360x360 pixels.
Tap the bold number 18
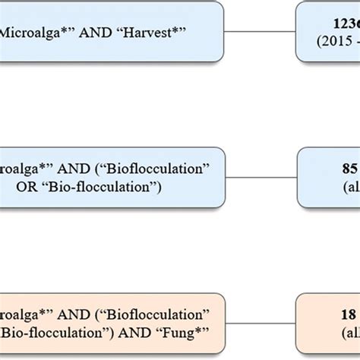328,313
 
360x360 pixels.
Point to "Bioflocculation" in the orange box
166,313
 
